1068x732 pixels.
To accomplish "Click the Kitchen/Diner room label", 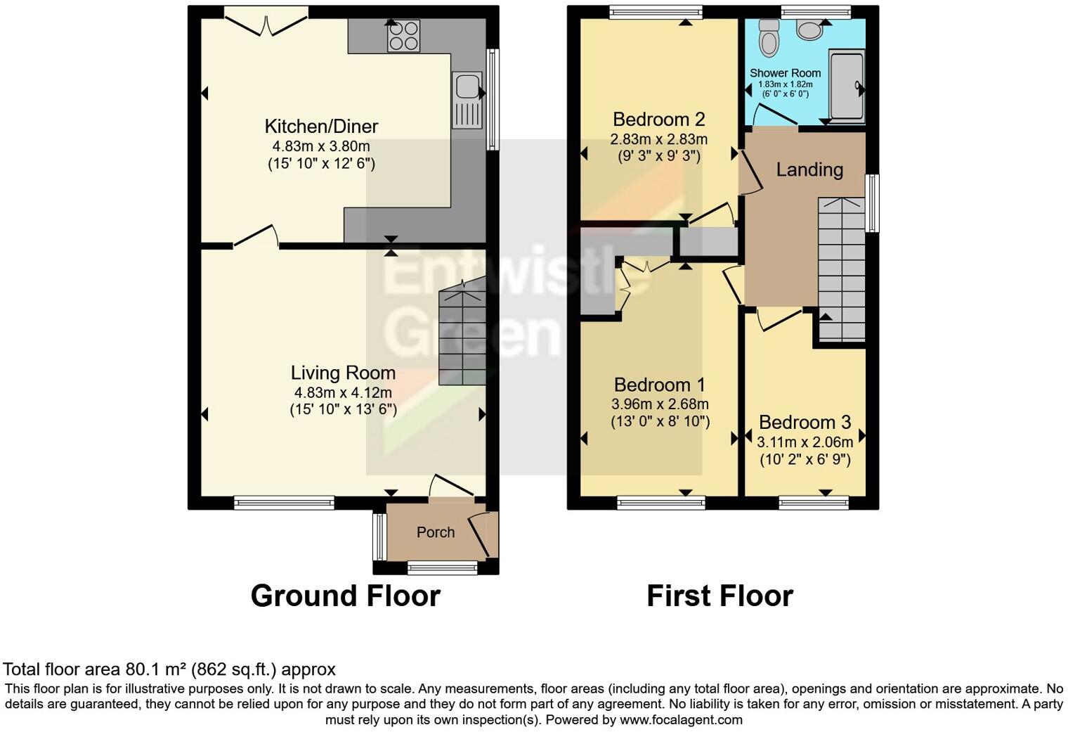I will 321,127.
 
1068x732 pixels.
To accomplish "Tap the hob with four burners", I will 403,35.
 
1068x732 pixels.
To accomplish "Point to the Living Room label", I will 343,373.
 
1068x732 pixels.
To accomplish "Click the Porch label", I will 436,532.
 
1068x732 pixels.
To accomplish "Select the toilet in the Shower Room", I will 769,38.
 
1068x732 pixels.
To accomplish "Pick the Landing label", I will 809,169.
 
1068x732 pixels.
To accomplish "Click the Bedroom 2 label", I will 658,119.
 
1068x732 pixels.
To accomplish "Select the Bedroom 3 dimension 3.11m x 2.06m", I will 805,442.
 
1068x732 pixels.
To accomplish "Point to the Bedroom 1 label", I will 659,385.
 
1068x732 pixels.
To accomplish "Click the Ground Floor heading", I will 345,596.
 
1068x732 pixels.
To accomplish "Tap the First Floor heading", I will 719,596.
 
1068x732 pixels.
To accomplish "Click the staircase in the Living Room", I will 462,334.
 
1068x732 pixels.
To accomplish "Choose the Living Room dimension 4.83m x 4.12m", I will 343,392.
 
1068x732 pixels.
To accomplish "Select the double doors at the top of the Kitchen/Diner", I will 266,23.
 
